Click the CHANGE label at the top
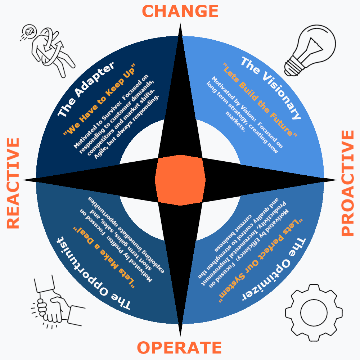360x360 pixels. (x=180, y=11)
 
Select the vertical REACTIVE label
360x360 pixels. (x=13, y=183)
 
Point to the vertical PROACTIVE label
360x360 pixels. (x=347, y=183)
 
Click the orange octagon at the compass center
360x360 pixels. (x=180, y=180)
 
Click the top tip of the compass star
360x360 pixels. (x=180, y=25)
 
